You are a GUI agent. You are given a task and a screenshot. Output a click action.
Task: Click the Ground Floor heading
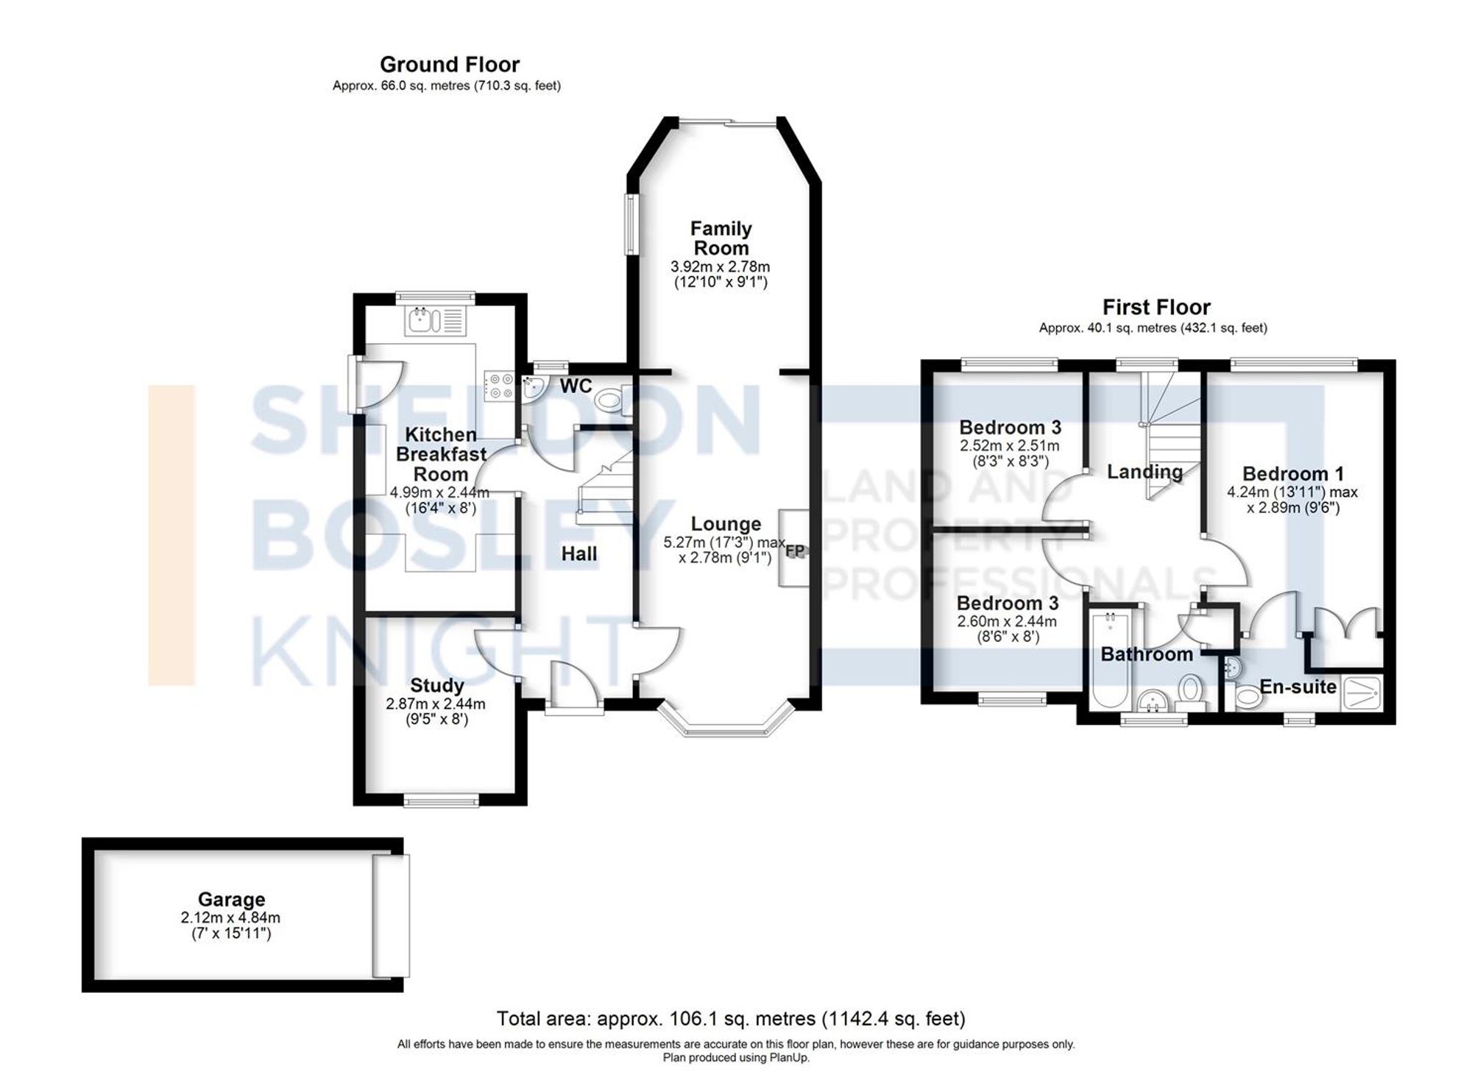[x=449, y=65]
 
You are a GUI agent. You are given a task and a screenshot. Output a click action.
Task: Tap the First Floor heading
[x=1156, y=307]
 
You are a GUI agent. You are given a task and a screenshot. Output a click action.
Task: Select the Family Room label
[x=721, y=238]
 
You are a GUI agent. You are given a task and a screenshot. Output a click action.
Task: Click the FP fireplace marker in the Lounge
[x=795, y=551]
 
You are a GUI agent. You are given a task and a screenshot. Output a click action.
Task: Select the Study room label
[x=436, y=685]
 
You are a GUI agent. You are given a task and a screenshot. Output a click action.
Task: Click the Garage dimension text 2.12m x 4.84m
[x=230, y=918]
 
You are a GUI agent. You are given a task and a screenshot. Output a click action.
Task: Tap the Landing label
[x=1144, y=472]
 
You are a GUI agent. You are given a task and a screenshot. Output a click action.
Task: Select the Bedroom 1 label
[x=1292, y=473]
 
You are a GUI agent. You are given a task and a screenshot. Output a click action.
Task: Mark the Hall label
[x=579, y=554]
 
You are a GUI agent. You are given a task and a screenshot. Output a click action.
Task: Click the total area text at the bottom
[x=730, y=1019]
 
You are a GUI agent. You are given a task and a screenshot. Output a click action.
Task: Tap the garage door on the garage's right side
[x=390, y=915]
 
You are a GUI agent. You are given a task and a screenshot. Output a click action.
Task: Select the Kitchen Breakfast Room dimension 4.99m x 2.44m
[x=439, y=492]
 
